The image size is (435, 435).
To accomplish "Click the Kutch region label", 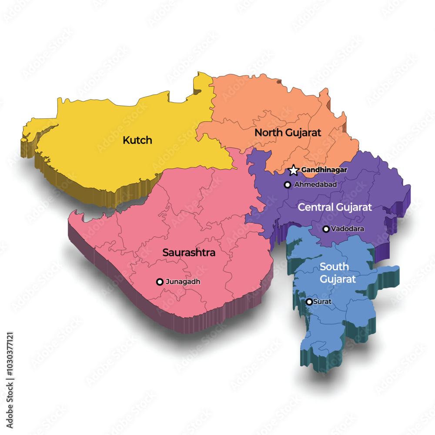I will pyautogui.click(x=137, y=140).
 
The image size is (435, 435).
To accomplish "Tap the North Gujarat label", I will pyautogui.click(x=288, y=132).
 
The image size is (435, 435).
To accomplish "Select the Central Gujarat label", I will pyautogui.click(x=335, y=207).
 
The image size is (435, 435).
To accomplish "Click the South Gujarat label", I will pyautogui.click(x=338, y=273).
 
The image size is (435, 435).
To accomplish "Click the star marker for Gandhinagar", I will pyautogui.click(x=294, y=170).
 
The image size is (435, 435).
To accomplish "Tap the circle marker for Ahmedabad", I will pyautogui.click(x=287, y=185).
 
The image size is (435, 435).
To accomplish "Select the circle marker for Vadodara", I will pyautogui.click(x=326, y=229).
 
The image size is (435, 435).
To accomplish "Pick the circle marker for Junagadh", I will pyautogui.click(x=160, y=282).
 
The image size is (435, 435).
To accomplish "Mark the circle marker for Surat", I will pyautogui.click(x=309, y=302).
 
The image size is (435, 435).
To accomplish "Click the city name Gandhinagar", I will pyautogui.click(x=324, y=170).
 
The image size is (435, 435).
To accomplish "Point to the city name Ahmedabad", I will pyautogui.click(x=315, y=185).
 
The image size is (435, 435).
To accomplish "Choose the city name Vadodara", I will pyautogui.click(x=348, y=229).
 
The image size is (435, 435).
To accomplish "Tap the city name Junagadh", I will pyautogui.click(x=183, y=282).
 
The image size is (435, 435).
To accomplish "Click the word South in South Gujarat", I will pyautogui.click(x=334, y=266).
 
